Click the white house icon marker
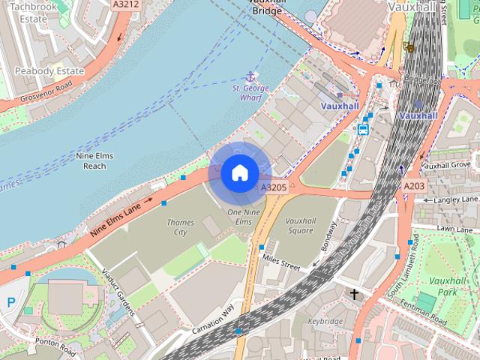coord(239,173)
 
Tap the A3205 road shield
coord(274,187)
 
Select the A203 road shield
coord(414,185)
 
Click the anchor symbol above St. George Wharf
coord(250,76)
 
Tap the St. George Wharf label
coord(250,94)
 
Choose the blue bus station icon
coord(363,128)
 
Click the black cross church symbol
coord(354,295)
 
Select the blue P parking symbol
coord(10,302)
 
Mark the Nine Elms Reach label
coord(94,160)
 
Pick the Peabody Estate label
coord(49,71)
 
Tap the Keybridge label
coord(325,320)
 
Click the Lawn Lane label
coord(455,228)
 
